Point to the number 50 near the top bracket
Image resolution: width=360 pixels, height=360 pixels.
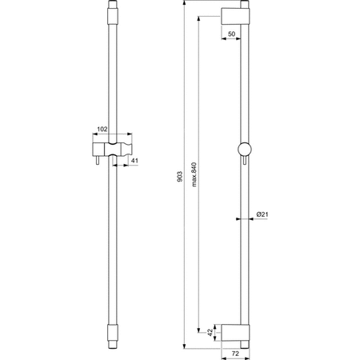coord(231,34)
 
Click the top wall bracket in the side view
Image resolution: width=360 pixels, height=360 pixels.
coord(238,16)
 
